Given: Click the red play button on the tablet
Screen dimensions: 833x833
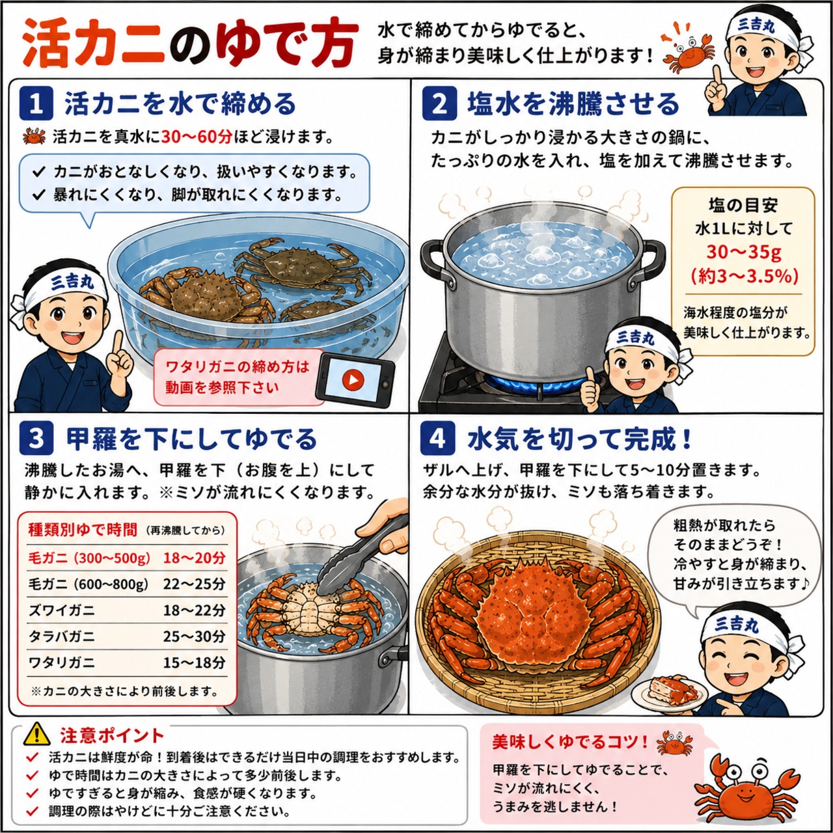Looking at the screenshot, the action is coord(353,381).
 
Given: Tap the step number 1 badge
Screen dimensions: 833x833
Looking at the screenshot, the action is coord(36,103).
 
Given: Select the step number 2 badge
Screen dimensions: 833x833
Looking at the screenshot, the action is coord(439,103).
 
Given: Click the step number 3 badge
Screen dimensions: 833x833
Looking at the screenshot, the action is coord(36,439).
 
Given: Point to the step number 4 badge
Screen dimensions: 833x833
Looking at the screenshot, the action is coord(437,439).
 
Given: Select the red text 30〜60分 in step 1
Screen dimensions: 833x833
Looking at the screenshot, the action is coord(197,137).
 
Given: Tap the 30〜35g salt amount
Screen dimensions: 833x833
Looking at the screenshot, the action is coord(744,252).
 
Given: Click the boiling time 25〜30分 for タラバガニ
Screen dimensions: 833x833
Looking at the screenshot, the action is coord(194,636).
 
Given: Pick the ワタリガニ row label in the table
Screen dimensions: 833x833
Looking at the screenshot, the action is coord(61,662).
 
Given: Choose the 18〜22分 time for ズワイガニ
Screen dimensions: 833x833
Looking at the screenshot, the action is coord(194,610).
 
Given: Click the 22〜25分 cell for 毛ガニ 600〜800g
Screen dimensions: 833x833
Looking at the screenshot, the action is coord(194,584).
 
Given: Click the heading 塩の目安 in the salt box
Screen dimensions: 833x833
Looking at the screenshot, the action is coord(743,206).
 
